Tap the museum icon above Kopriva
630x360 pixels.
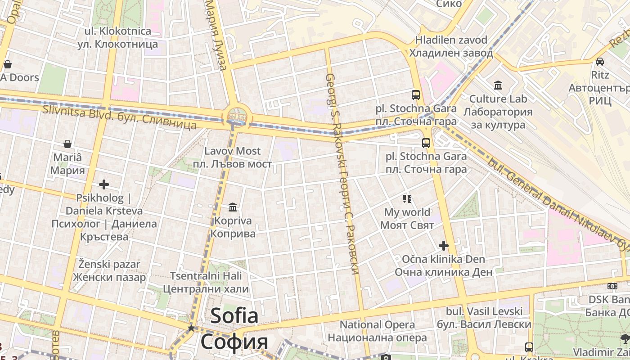pyautogui.click(x=233, y=207)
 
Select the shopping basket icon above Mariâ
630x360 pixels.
pyautogui.click(x=67, y=144)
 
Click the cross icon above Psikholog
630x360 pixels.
pyautogui.click(x=104, y=184)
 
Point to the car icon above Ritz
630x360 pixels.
pyautogui.click(x=600, y=61)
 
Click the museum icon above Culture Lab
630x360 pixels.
pyautogui.click(x=498, y=85)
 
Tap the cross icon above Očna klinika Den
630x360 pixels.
pyautogui.click(x=444, y=245)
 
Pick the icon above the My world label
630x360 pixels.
pyautogui.click(x=407, y=198)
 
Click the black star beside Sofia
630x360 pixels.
pyautogui.click(x=191, y=328)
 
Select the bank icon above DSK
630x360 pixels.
pyautogui.click(x=612, y=286)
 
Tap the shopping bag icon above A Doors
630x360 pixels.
pyautogui.click(x=7, y=64)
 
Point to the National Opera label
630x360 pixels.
pyautogui.click(x=377, y=331)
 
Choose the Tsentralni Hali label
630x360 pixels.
pyautogui.click(x=206, y=282)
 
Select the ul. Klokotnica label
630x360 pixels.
pyautogui.click(x=118, y=37)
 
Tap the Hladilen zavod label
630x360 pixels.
pyautogui.click(x=451, y=46)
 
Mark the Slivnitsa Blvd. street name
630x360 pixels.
pyautogui.click(x=119, y=116)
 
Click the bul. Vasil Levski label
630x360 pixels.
pyautogui.click(x=484, y=318)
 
